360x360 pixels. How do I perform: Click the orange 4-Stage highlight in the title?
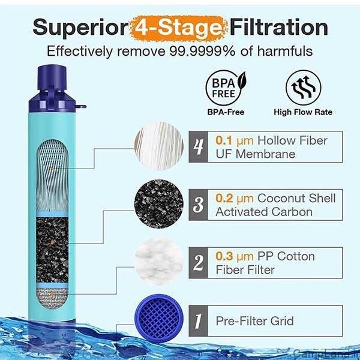[x=179, y=28]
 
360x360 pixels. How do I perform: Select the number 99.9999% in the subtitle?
[x=202, y=51]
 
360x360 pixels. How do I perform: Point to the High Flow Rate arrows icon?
[x=303, y=88]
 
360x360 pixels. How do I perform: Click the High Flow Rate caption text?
[x=303, y=112]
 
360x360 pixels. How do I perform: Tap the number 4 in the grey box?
[x=198, y=147]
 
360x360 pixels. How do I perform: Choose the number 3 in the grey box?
[x=198, y=205]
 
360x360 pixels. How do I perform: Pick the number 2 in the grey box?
[x=198, y=263]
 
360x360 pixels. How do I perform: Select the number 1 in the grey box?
[x=198, y=321]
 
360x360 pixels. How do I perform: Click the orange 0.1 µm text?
[x=235, y=140]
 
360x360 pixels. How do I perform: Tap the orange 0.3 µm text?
[x=235, y=256]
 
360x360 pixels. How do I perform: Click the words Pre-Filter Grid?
[x=254, y=321]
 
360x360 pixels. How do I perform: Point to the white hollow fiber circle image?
[x=159, y=146]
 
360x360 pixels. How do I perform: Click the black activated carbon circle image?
[x=159, y=204]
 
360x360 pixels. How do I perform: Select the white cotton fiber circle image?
[x=159, y=262]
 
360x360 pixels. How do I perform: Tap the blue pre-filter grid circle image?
[x=159, y=319]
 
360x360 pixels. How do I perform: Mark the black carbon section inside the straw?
[x=52, y=250]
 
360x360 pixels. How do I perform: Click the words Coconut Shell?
[x=296, y=198]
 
